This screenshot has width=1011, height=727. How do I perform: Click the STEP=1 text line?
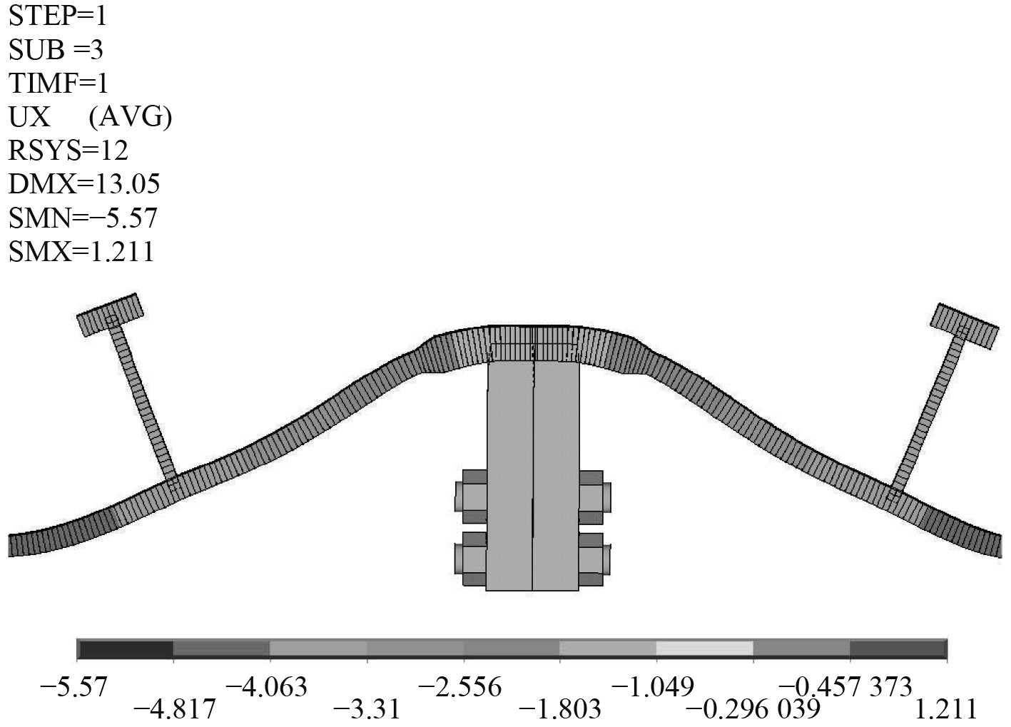[57, 16]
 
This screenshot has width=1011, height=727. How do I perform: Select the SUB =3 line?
[56, 50]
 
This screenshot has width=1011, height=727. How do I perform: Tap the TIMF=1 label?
[59, 83]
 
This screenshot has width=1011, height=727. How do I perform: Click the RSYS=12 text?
[68, 151]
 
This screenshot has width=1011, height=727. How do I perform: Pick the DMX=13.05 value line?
[84, 184]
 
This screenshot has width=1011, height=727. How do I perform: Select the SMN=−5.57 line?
[83, 218]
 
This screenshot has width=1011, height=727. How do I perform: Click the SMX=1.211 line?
[81, 251]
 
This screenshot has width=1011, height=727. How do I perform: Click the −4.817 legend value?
[175, 709]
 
